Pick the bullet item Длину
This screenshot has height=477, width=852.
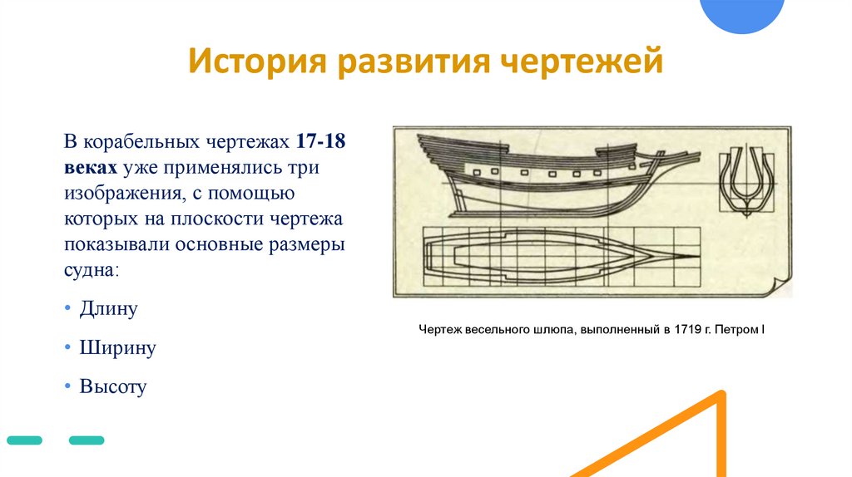108,309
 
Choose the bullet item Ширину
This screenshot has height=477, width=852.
117,347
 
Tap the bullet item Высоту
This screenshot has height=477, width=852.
112,386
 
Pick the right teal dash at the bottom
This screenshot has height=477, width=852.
87,440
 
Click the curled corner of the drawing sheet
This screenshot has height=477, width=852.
780,287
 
